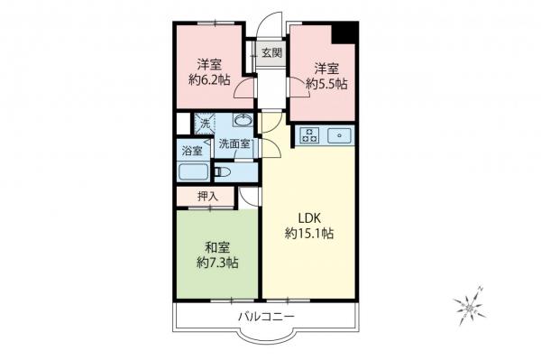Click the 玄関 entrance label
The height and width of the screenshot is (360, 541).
pos(270,52)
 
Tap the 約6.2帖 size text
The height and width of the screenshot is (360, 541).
pos(209,80)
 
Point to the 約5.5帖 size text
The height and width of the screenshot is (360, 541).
pos(325,83)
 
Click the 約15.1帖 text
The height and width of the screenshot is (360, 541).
pos(310,234)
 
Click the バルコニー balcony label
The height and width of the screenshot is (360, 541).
pos(266,316)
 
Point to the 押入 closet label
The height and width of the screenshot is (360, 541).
pos(208,197)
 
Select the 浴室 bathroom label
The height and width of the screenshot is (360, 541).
pos(192,150)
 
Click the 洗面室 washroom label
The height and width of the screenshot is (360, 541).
pos(235,144)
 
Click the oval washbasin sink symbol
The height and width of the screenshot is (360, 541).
pos(242,122)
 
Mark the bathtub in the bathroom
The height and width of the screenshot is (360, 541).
pos(193,172)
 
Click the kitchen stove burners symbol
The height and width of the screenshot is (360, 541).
pos(309,136)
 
